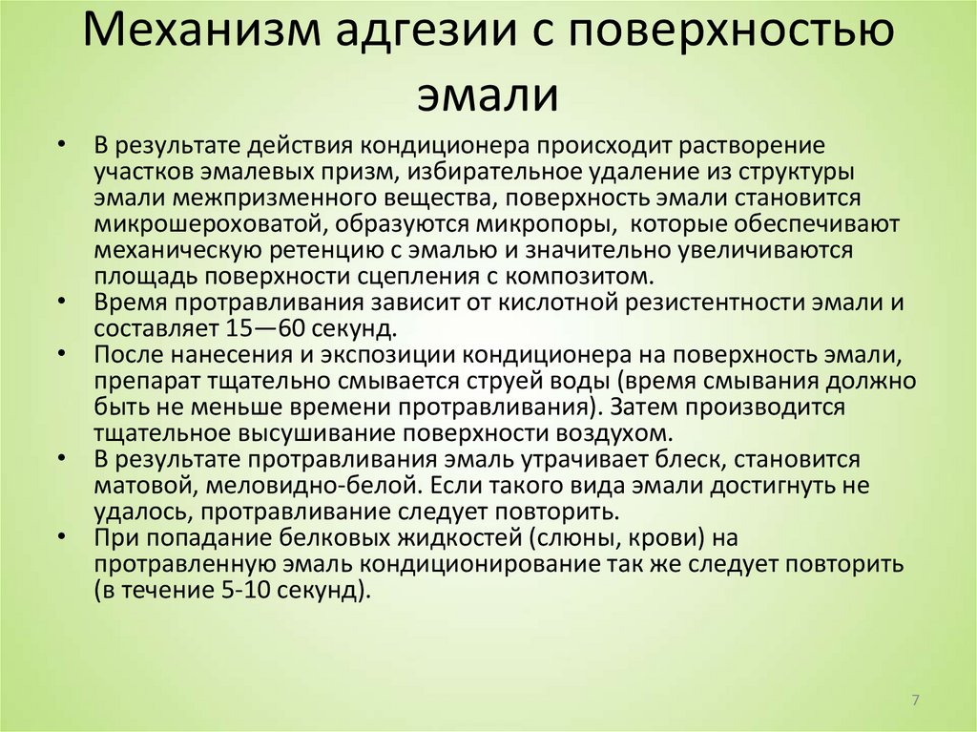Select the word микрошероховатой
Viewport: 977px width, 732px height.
click(192, 223)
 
